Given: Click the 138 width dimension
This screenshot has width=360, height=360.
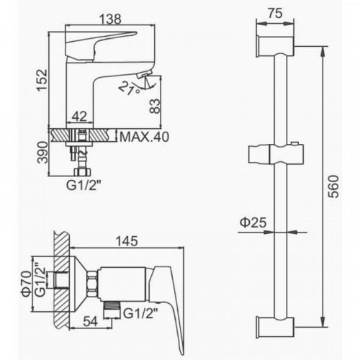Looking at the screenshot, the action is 110,19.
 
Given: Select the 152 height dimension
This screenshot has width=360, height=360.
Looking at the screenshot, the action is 42,80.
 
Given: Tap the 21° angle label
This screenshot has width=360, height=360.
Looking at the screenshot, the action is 129,89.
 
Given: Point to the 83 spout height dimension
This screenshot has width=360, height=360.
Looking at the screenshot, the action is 155,106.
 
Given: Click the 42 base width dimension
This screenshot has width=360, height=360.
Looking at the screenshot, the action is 79,117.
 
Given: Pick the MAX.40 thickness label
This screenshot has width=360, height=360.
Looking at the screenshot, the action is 144,137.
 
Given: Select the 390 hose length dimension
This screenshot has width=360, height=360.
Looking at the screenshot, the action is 43,153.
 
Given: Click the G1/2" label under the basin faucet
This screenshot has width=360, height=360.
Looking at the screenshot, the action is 84,186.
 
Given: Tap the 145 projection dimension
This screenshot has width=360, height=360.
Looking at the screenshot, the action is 127,241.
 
